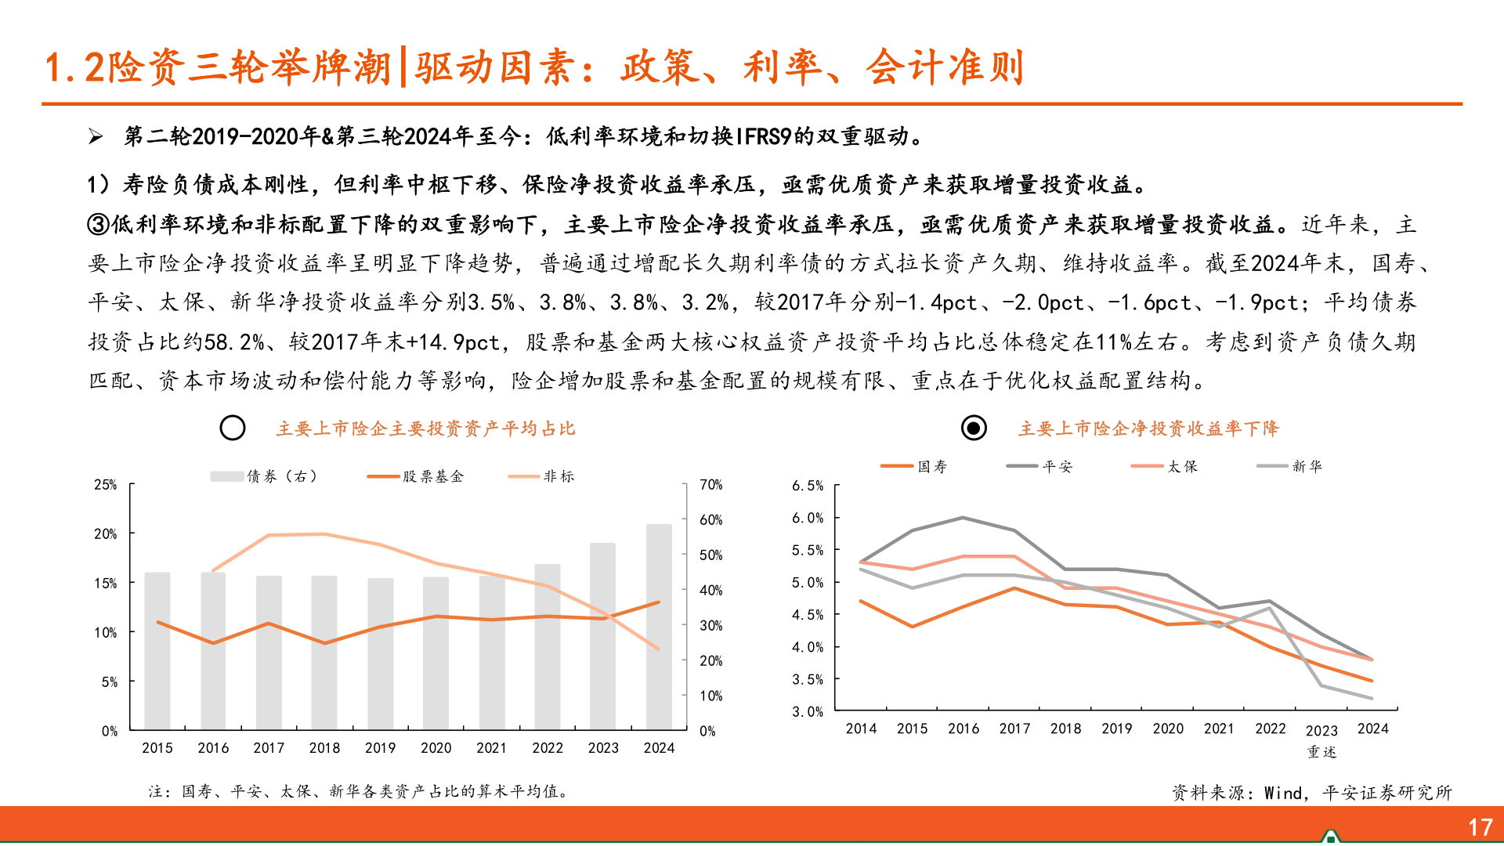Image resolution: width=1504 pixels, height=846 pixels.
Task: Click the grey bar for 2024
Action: (x=659, y=627)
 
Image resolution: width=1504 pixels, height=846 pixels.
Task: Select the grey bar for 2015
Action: (x=157, y=650)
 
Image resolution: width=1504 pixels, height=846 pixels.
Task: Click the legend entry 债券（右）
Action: (x=264, y=476)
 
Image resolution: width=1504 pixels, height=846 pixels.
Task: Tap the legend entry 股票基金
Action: (x=416, y=476)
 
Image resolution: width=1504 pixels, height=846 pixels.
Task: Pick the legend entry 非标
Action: (x=541, y=476)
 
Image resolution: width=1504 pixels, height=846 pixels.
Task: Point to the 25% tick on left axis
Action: (x=106, y=485)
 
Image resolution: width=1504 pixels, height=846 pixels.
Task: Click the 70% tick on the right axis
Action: (x=710, y=485)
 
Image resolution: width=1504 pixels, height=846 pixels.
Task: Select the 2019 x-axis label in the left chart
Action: (x=380, y=748)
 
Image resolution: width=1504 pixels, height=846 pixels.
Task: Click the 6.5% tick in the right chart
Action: (x=808, y=486)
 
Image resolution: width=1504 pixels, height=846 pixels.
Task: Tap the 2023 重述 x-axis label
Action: (x=1321, y=740)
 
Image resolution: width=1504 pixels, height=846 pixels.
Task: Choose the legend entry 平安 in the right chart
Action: (x=1039, y=467)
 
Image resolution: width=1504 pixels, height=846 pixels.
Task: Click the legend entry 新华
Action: (x=1289, y=467)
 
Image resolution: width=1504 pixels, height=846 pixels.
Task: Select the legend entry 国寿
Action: (x=914, y=467)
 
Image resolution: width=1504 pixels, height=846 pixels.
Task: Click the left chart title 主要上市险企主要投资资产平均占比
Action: (x=425, y=428)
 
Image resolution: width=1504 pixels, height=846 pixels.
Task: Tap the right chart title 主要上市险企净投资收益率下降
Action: (x=1148, y=428)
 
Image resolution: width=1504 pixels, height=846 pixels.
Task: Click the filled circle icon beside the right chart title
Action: (x=974, y=428)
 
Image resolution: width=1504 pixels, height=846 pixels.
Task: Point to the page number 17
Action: (x=1480, y=827)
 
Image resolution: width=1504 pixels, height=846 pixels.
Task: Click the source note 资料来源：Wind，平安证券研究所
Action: (x=1311, y=793)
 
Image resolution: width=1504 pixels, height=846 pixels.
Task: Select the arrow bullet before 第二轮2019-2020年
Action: (x=96, y=137)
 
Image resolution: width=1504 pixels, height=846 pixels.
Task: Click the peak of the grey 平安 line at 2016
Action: (x=963, y=518)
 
